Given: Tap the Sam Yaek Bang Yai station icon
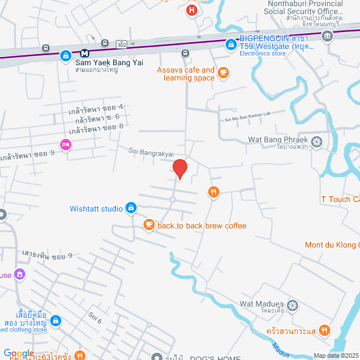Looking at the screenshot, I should (x=84, y=53).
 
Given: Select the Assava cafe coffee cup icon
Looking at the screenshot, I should (x=223, y=72).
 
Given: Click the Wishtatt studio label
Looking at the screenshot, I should (x=96, y=209).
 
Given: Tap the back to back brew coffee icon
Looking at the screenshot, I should (x=148, y=225).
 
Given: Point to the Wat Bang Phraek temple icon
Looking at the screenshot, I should (x=317, y=141).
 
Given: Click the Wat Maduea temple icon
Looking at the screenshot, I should (x=292, y=305).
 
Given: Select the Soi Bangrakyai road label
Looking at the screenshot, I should (x=151, y=152).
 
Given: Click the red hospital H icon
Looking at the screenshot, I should (x=192, y=10).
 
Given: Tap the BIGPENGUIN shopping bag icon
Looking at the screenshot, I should (x=231, y=44).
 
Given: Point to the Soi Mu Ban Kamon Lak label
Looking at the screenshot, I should (x=248, y=114).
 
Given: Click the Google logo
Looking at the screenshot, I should (x=19, y=353).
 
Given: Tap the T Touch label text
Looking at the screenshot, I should (x=340, y=199).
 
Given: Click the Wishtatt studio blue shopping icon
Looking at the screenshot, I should (x=131, y=208).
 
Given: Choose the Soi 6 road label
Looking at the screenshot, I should (x=95, y=318).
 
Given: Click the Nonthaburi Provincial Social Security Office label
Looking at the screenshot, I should (x=304, y=7).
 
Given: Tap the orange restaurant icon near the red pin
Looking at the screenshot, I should (x=213, y=192).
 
